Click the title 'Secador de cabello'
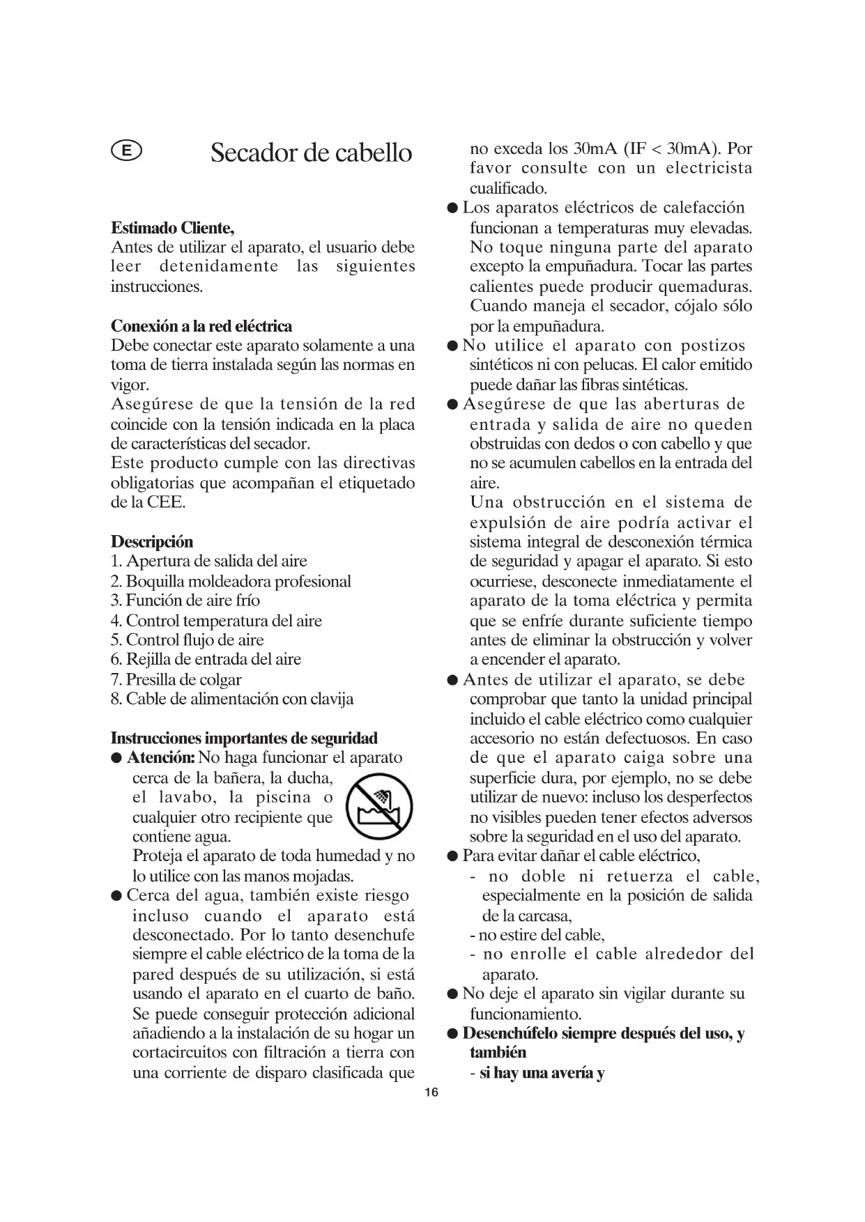tap(311, 153)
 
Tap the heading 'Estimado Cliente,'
tap(173, 228)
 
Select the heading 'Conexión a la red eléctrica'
tap(201, 326)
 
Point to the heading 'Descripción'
tap(152, 541)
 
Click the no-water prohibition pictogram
tap(380, 807)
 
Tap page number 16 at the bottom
tap(431, 1092)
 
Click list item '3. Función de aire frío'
tap(185, 600)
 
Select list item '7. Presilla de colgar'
tap(176, 679)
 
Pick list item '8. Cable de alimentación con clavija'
tap(232, 699)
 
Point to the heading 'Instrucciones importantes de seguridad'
tap(244, 738)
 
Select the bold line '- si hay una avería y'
tap(537, 1073)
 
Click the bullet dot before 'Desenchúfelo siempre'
tap(453, 1034)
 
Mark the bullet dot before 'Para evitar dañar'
tap(453, 856)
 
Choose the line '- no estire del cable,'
tap(537, 935)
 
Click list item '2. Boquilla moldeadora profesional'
tap(231, 581)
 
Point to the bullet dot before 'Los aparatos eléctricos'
tap(453, 208)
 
